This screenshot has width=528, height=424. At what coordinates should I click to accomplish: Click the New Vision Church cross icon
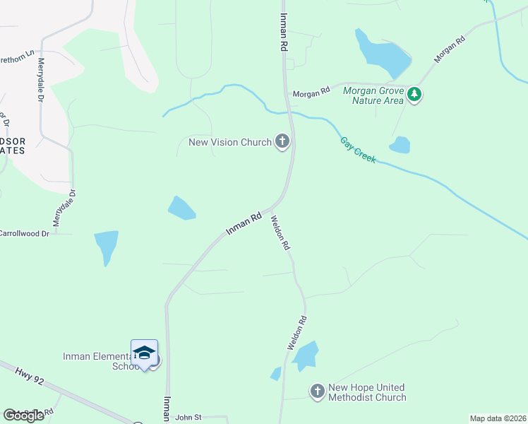pyautogui.click(x=282, y=141)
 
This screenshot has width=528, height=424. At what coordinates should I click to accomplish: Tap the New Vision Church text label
pyautogui.click(x=230, y=142)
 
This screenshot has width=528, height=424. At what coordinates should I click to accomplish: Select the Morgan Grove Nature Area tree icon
pyautogui.click(x=415, y=94)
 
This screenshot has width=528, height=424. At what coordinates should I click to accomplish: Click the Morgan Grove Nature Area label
pyautogui.click(x=373, y=95)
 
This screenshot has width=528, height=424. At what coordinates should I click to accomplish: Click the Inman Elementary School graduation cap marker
pyautogui.click(x=144, y=353)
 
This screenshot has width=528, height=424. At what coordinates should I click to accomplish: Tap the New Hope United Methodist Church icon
pyautogui.click(x=318, y=391)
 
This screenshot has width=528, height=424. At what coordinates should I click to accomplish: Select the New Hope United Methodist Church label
pyautogui.click(x=367, y=392)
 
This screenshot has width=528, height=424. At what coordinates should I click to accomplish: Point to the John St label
pyautogui.click(x=188, y=418)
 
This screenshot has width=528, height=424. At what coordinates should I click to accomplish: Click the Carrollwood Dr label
pyautogui.click(x=25, y=232)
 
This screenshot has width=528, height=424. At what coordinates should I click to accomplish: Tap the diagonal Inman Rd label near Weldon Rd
pyautogui.click(x=244, y=223)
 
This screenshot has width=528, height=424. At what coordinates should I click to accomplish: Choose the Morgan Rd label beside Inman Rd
pyautogui.click(x=312, y=92)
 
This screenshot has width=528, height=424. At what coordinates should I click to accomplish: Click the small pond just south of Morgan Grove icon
pyautogui.click(x=400, y=145)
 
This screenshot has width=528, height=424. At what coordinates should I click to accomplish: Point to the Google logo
pyautogui.click(x=24, y=416)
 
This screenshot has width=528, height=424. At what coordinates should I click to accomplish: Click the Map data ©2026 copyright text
pyautogui.click(x=497, y=418)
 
